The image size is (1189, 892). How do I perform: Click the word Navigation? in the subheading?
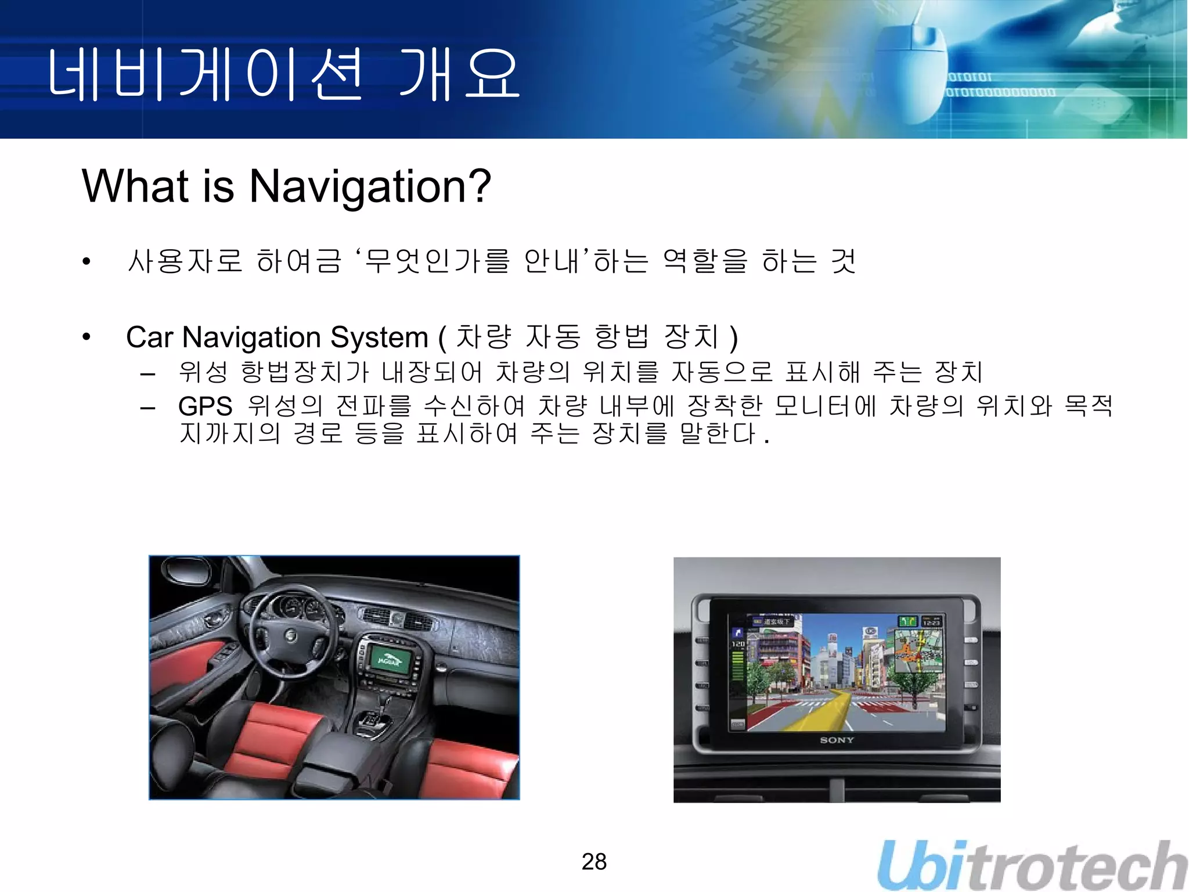pyautogui.click(x=370, y=186)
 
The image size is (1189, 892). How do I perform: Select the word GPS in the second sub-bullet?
pyautogui.click(x=205, y=407)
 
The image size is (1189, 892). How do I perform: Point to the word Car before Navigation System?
pyautogui.click(x=149, y=337)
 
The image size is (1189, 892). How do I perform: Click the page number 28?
pyautogui.click(x=594, y=862)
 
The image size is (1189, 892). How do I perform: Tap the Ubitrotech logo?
pyautogui.click(x=1032, y=865)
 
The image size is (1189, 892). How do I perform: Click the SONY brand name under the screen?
pyautogui.click(x=837, y=740)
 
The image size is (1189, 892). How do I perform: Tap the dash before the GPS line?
pyautogui.click(x=147, y=408)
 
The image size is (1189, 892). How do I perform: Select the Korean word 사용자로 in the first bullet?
pyautogui.click(x=184, y=261)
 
